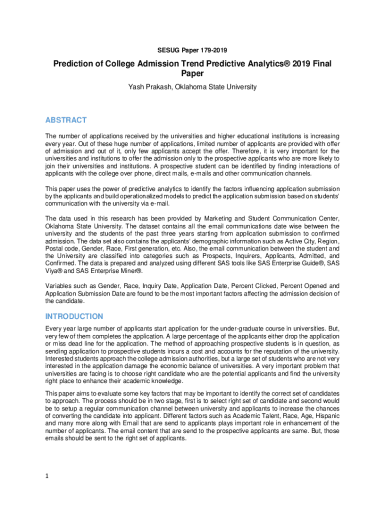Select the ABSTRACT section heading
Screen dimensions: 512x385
point(66,120)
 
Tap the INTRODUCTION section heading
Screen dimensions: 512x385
point(74,316)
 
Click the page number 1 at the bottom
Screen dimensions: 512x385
point(47,476)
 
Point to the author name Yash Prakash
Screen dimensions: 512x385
point(149,87)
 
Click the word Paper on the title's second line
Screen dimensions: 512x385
point(192,74)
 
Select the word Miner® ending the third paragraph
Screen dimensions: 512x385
point(130,271)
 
